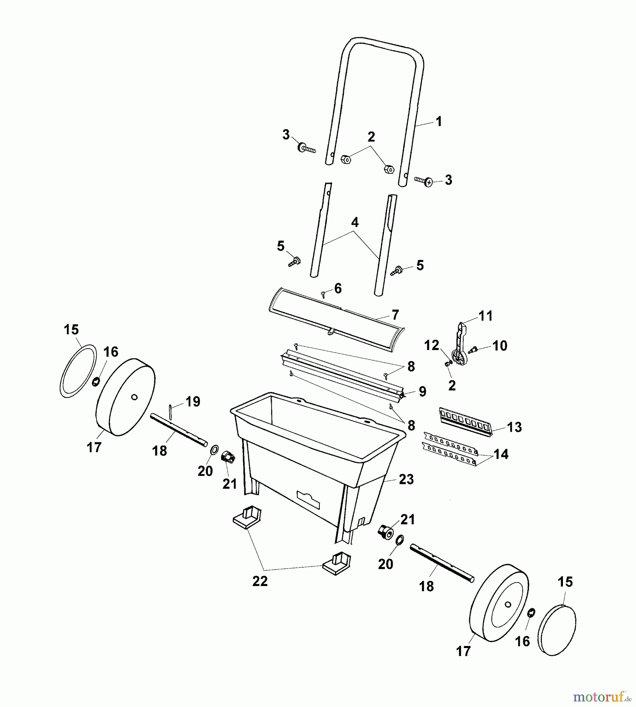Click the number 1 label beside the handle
point(439,121)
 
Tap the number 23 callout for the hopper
point(406,479)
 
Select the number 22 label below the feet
point(260,581)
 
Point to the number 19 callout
point(193,401)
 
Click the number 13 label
point(514,427)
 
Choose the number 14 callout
point(501,454)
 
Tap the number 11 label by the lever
point(486,316)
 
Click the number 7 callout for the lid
point(395,315)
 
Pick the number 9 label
point(422,391)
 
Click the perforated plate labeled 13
point(466,422)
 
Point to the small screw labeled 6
point(323,294)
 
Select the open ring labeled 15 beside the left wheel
point(78,372)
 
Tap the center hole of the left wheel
point(134,397)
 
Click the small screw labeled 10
point(473,349)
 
